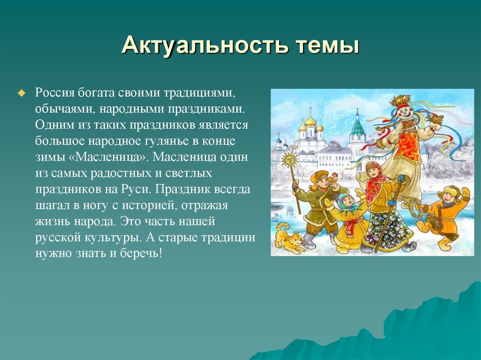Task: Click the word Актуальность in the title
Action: pyautogui.click(x=205, y=46)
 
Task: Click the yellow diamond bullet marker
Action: pyautogui.click(x=21, y=93)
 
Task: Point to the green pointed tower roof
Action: pyautogui.click(x=357, y=127)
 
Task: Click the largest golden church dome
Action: pyautogui.click(x=310, y=121)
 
